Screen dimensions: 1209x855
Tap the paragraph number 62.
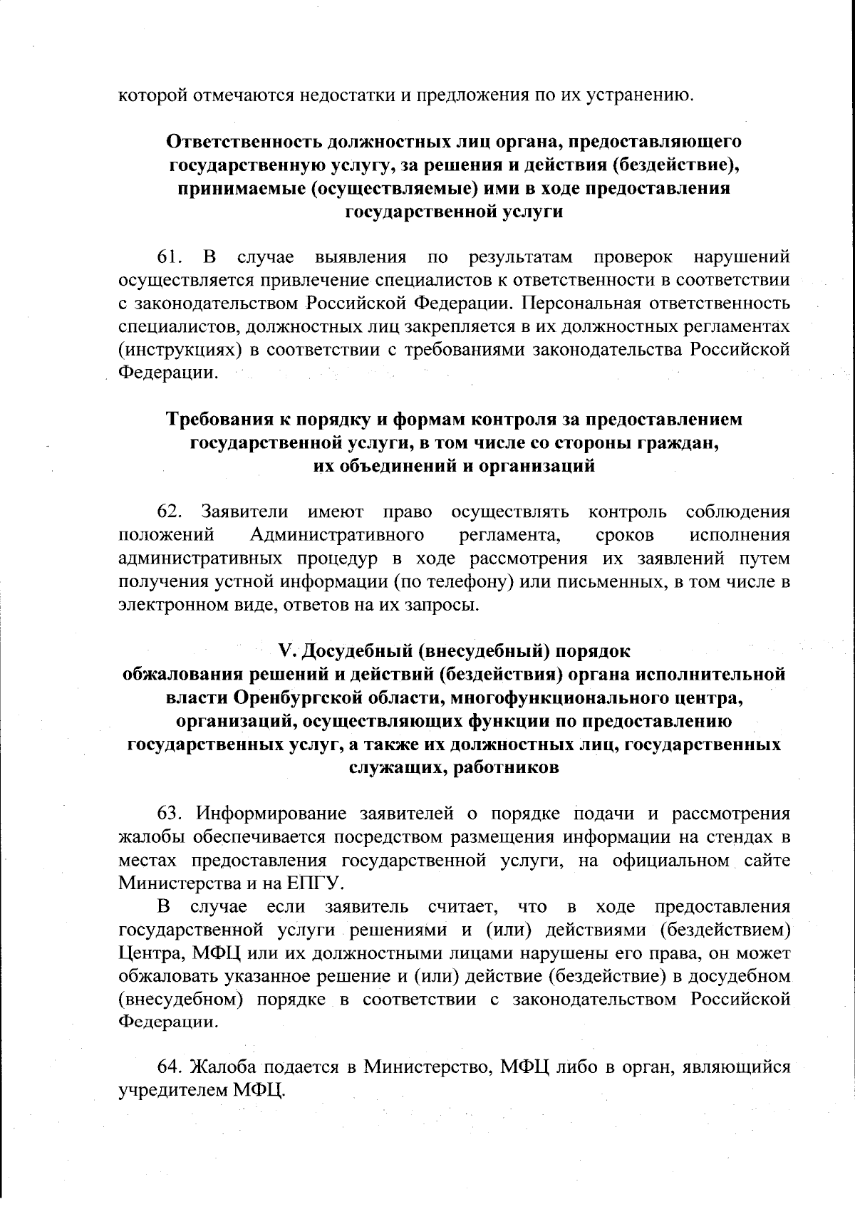point(171,512)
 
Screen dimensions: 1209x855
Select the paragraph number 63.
point(171,813)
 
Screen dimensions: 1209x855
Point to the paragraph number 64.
point(171,1067)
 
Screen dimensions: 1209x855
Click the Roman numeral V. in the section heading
point(287,651)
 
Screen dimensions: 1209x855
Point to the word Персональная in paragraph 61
point(580,303)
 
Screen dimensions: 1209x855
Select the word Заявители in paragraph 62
point(245,512)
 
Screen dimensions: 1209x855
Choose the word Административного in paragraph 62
point(338,534)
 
